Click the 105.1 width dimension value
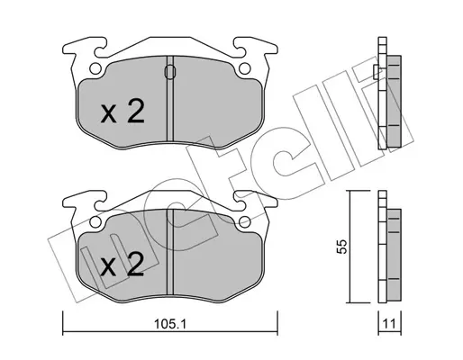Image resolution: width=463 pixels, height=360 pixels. (170, 324)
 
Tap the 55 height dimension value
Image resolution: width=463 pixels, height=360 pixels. (341, 247)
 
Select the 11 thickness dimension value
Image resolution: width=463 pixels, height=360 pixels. (389, 324)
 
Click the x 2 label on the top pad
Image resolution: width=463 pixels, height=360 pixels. (123, 112)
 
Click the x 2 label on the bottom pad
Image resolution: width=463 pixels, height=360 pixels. (122, 265)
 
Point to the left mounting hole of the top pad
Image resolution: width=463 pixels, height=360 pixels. (95, 68)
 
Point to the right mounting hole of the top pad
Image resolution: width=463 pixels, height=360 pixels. (245, 68)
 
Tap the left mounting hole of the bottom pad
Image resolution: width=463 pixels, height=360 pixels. (95, 222)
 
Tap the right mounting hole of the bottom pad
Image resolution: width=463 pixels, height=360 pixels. (245, 222)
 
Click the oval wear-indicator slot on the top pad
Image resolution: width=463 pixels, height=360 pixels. (170, 72)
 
